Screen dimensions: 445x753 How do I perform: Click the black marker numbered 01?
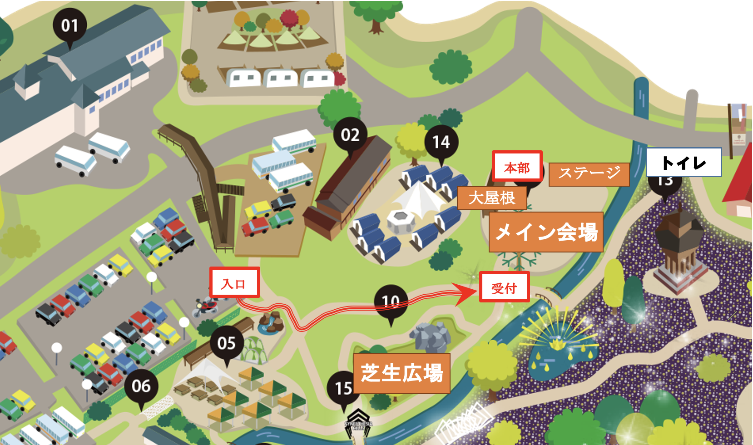pyautogui.click(x=69, y=25)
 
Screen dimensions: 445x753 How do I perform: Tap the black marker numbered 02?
pyautogui.click(x=350, y=135)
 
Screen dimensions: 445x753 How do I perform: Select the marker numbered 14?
pyautogui.click(x=441, y=142)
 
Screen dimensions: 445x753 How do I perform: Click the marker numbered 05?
pyautogui.click(x=226, y=343)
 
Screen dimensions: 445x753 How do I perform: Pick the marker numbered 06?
pyautogui.click(x=141, y=386)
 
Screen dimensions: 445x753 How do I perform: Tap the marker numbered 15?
pyautogui.click(x=343, y=388)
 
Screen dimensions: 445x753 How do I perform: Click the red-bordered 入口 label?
pyautogui.click(x=234, y=282)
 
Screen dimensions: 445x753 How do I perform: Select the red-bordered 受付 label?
pyautogui.click(x=504, y=287)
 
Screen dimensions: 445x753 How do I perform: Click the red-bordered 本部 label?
pyautogui.click(x=517, y=167)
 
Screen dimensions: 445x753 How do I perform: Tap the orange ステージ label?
pyautogui.click(x=589, y=174)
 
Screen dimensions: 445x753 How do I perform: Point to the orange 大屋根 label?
pyautogui.click(x=492, y=198)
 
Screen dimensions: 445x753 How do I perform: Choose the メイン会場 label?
pyautogui.click(x=546, y=232)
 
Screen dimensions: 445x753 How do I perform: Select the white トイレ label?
pyautogui.click(x=684, y=162)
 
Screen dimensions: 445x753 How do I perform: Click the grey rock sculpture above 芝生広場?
pyautogui.click(x=430, y=337)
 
